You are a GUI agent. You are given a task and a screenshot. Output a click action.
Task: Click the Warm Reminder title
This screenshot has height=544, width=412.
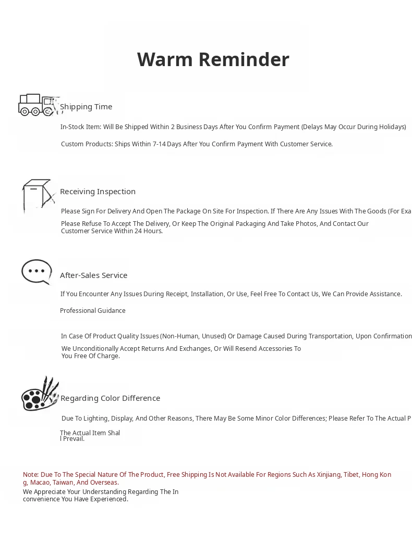pos(213,59)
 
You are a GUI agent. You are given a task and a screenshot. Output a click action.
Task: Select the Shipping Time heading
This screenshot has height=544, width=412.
pos(86,107)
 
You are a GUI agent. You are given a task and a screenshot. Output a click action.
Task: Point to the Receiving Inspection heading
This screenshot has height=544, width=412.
pos(98,192)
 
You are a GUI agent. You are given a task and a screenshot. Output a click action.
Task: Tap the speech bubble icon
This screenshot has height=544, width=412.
pos(37,272)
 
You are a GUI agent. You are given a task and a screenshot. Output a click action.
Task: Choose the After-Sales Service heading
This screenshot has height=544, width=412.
pos(93,275)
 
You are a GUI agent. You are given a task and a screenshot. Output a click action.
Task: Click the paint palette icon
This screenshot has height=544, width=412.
pos(40,394)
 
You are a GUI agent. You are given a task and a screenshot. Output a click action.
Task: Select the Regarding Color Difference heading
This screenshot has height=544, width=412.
pos(110,398)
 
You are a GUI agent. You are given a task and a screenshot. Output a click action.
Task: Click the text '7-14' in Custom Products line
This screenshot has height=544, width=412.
pos(159,144)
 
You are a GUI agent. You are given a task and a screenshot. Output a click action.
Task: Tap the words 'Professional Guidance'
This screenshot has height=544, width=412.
pos(92,311)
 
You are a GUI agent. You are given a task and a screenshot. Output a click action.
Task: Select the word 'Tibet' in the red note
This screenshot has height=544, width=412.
pos(350,475)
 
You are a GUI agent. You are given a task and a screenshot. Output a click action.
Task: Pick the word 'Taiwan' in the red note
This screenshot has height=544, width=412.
pos(63,483)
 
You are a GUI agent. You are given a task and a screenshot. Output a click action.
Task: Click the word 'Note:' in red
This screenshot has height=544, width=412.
pos(31,475)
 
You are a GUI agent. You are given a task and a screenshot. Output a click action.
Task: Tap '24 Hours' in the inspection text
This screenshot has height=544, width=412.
pos(148,231)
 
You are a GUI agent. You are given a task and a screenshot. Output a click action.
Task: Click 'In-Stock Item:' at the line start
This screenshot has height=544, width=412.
pos(80,127)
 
